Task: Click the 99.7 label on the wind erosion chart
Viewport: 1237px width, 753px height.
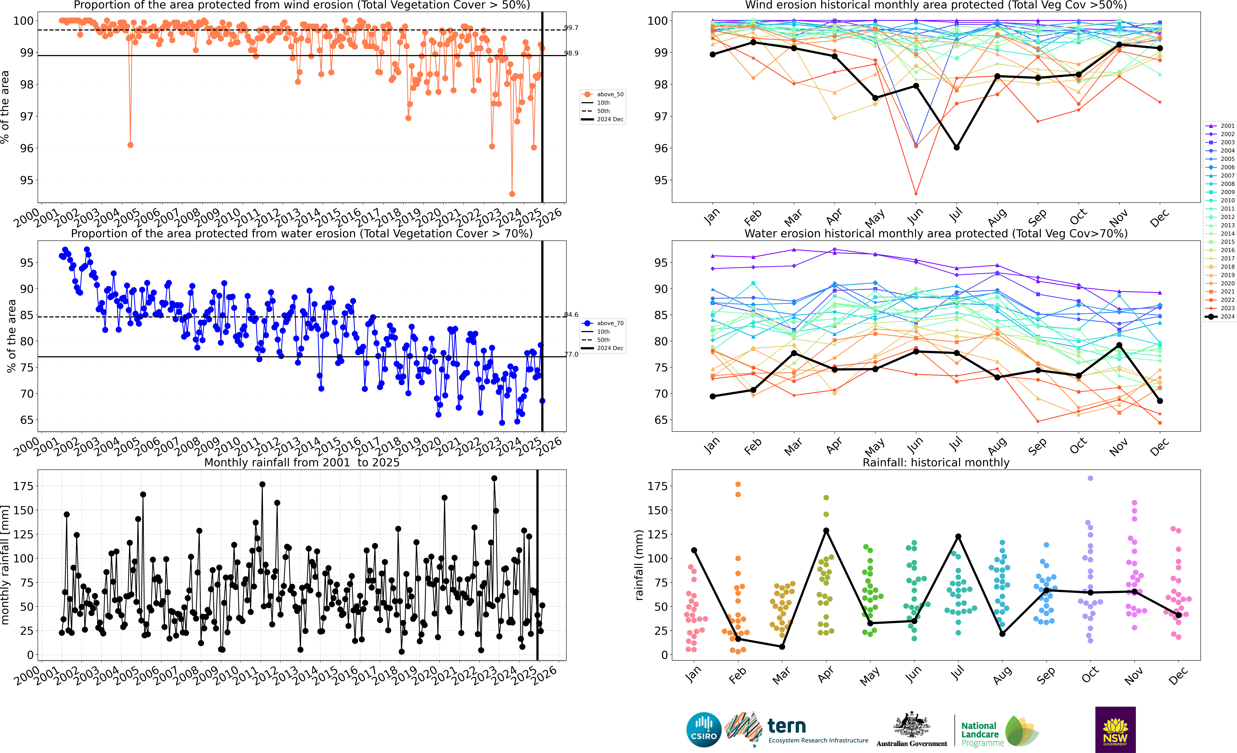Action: pos(571,28)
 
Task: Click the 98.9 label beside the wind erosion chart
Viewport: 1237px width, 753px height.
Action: pos(571,53)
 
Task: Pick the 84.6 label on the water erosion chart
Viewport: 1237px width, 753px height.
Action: pos(571,315)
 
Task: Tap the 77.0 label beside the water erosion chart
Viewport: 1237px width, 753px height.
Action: pos(571,354)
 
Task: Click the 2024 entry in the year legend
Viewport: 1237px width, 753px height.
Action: pos(1227,317)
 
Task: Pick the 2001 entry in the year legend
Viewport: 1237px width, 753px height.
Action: pos(1227,126)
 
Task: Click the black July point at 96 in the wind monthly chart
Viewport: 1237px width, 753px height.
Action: pos(956,148)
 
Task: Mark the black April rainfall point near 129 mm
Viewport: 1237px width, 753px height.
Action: pos(826,531)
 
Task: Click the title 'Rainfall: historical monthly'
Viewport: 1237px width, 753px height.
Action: pos(935,462)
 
